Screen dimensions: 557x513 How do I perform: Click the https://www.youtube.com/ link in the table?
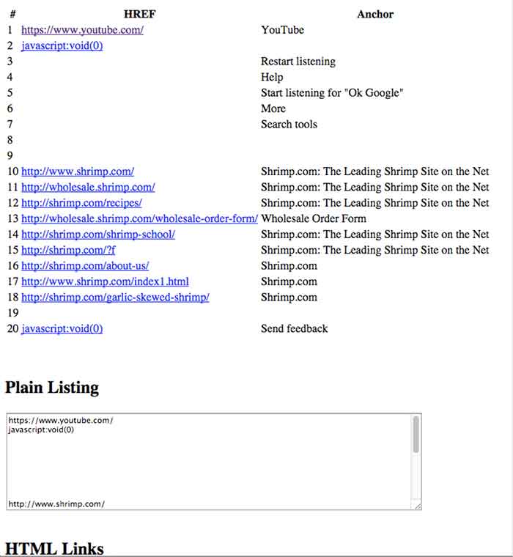click(x=82, y=30)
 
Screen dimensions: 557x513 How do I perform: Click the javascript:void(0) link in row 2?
click(x=62, y=45)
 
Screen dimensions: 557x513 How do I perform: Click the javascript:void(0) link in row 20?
click(x=62, y=328)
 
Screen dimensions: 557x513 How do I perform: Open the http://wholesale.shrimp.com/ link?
click(x=88, y=187)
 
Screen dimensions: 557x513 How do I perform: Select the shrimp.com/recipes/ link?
click(x=81, y=202)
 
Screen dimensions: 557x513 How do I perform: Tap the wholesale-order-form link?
click(x=139, y=218)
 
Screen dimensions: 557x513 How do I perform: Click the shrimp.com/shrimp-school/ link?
click(x=97, y=235)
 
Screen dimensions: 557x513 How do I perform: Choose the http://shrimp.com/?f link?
click(x=68, y=250)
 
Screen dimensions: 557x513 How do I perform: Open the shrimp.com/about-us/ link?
click(x=85, y=266)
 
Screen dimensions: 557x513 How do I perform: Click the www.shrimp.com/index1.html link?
click(x=105, y=281)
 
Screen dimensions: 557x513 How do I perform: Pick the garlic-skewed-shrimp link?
click(x=115, y=297)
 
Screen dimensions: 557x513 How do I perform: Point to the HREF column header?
click(x=139, y=14)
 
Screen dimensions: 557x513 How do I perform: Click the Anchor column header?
click(x=375, y=14)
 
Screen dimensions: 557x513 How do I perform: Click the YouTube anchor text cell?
click(x=282, y=30)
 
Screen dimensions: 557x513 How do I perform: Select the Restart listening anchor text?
click(x=298, y=62)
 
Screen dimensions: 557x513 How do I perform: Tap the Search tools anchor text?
click(x=289, y=124)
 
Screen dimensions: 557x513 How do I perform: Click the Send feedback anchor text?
click(x=294, y=328)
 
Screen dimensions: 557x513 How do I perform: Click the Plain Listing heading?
click(x=52, y=387)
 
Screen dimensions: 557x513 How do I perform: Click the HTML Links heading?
click(x=54, y=548)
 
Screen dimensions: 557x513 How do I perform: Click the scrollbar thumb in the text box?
click(x=416, y=435)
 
